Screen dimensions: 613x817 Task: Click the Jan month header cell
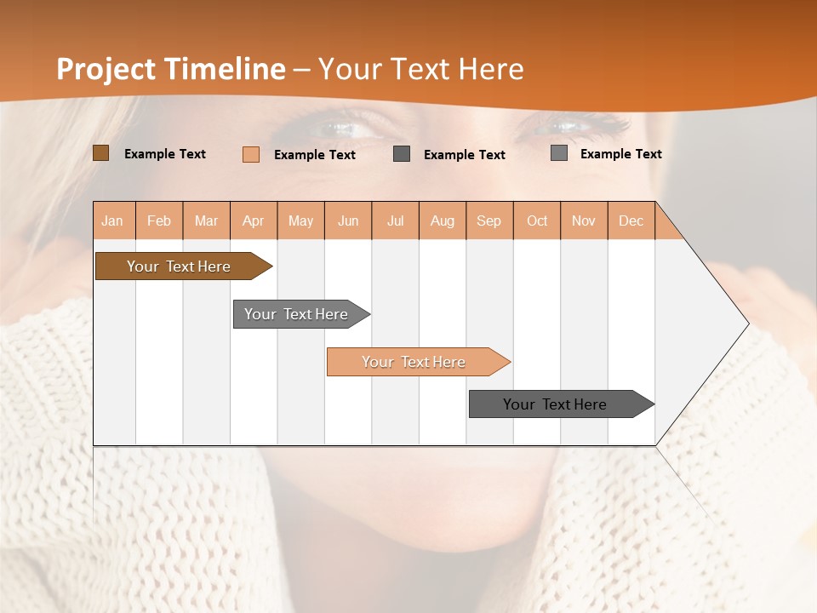113,221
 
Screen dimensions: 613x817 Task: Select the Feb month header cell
159,221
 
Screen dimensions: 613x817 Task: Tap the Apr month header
254,221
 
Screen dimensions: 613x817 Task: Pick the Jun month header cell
348,221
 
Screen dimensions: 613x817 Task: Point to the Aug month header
443,221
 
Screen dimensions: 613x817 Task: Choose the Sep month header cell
489,221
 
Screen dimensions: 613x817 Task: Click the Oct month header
537,221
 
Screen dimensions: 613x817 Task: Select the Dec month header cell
631,221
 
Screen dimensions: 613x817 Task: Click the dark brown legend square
100,153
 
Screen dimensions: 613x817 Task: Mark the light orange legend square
251,154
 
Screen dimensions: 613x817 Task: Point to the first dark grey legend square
402,154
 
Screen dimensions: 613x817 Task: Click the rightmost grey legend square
559,153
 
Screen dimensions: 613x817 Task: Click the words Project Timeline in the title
170,69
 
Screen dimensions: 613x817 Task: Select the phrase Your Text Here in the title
420,69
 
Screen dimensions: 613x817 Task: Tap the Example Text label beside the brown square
165,154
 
